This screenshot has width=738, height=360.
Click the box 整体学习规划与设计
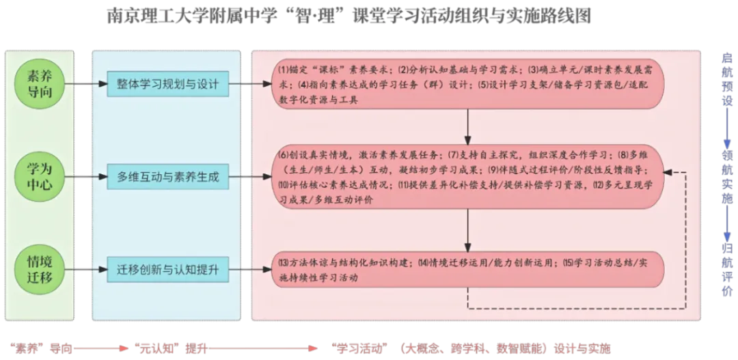[167, 84]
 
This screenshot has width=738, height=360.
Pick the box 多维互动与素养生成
[167, 177]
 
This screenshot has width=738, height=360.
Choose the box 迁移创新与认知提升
[167, 269]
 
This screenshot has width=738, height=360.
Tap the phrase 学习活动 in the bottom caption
[358, 347]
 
